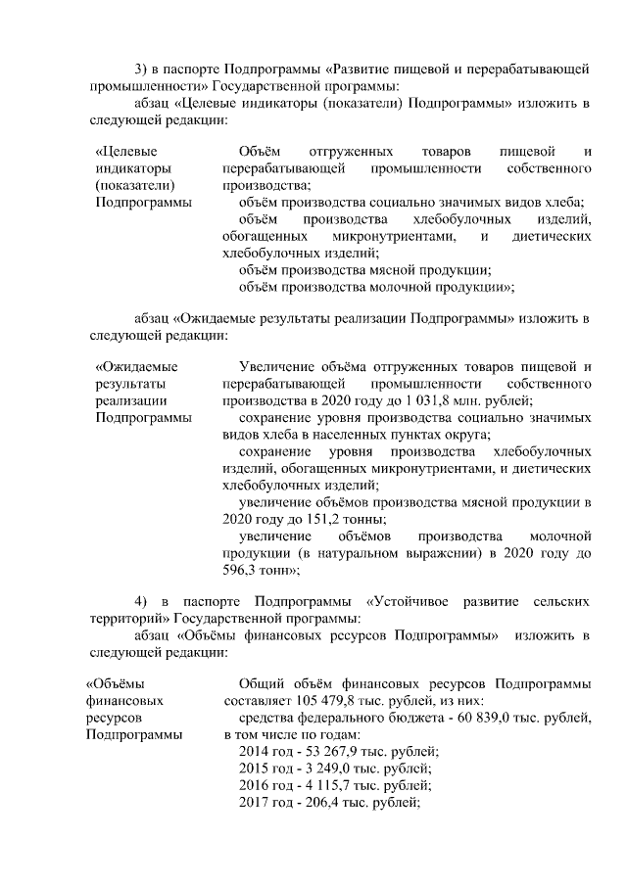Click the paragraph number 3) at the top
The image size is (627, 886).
141,68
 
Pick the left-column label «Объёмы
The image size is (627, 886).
116,682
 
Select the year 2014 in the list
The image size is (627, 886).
255,753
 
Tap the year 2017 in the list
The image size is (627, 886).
255,803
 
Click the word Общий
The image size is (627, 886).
261,682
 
